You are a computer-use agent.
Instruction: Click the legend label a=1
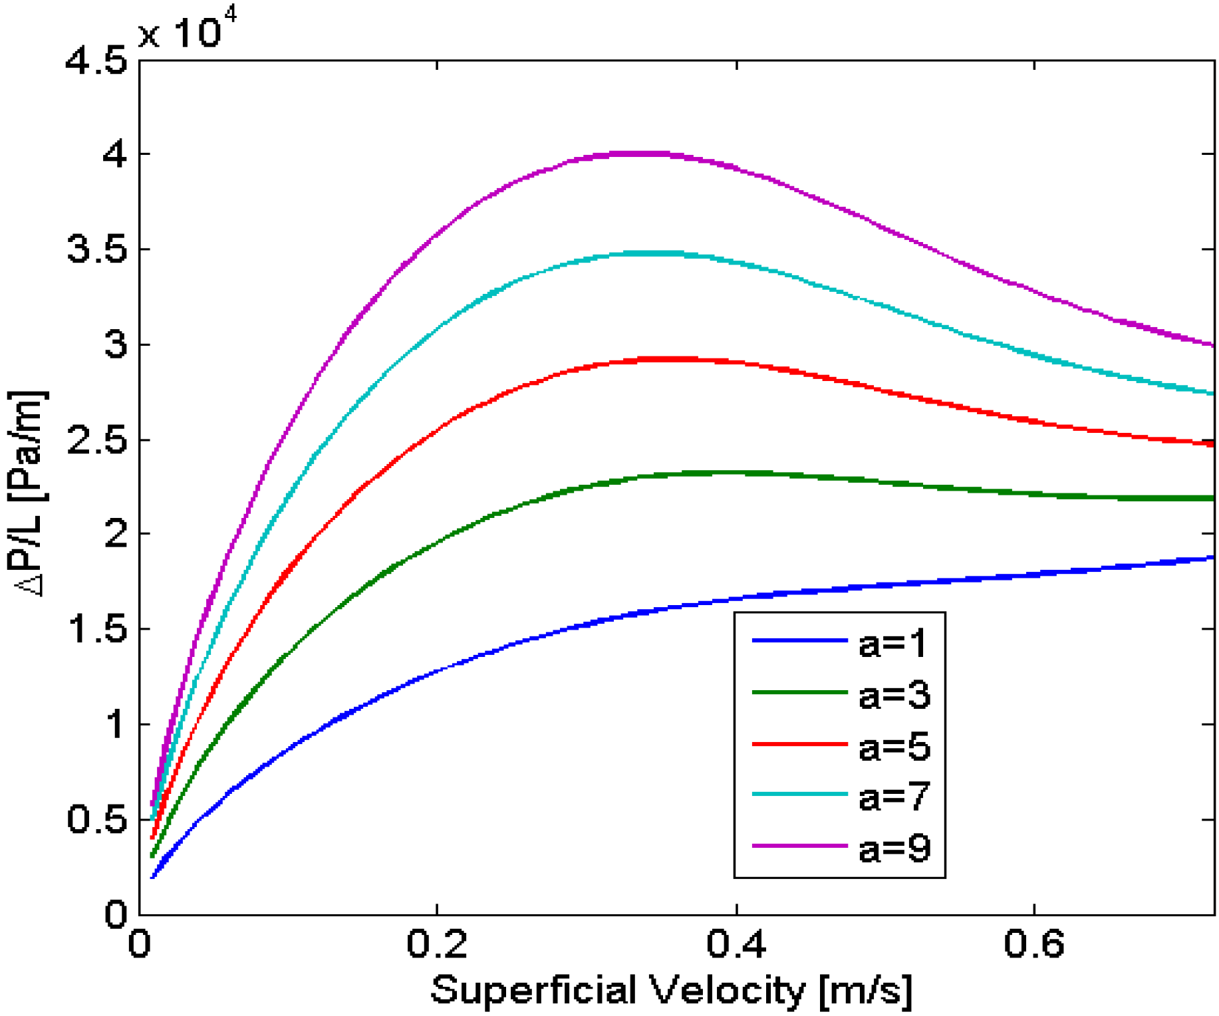[x=892, y=644]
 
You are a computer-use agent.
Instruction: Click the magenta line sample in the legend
[x=799, y=846]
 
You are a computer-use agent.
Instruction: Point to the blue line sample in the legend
[x=799, y=640]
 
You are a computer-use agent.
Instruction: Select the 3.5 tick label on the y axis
[x=96, y=250]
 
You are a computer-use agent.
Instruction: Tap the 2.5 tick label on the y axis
[x=96, y=440]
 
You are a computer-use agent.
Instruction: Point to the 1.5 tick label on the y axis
[x=96, y=629]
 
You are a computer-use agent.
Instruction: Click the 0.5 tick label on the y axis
[x=96, y=819]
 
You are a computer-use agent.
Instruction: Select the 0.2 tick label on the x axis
[x=437, y=944]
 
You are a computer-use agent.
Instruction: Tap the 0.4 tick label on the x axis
[x=736, y=944]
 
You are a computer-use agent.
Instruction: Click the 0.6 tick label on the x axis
[x=1034, y=944]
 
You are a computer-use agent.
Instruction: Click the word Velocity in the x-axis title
[x=728, y=990]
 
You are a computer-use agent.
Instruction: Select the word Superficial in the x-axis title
[x=537, y=990]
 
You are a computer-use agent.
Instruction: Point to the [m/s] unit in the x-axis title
[x=866, y=990]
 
